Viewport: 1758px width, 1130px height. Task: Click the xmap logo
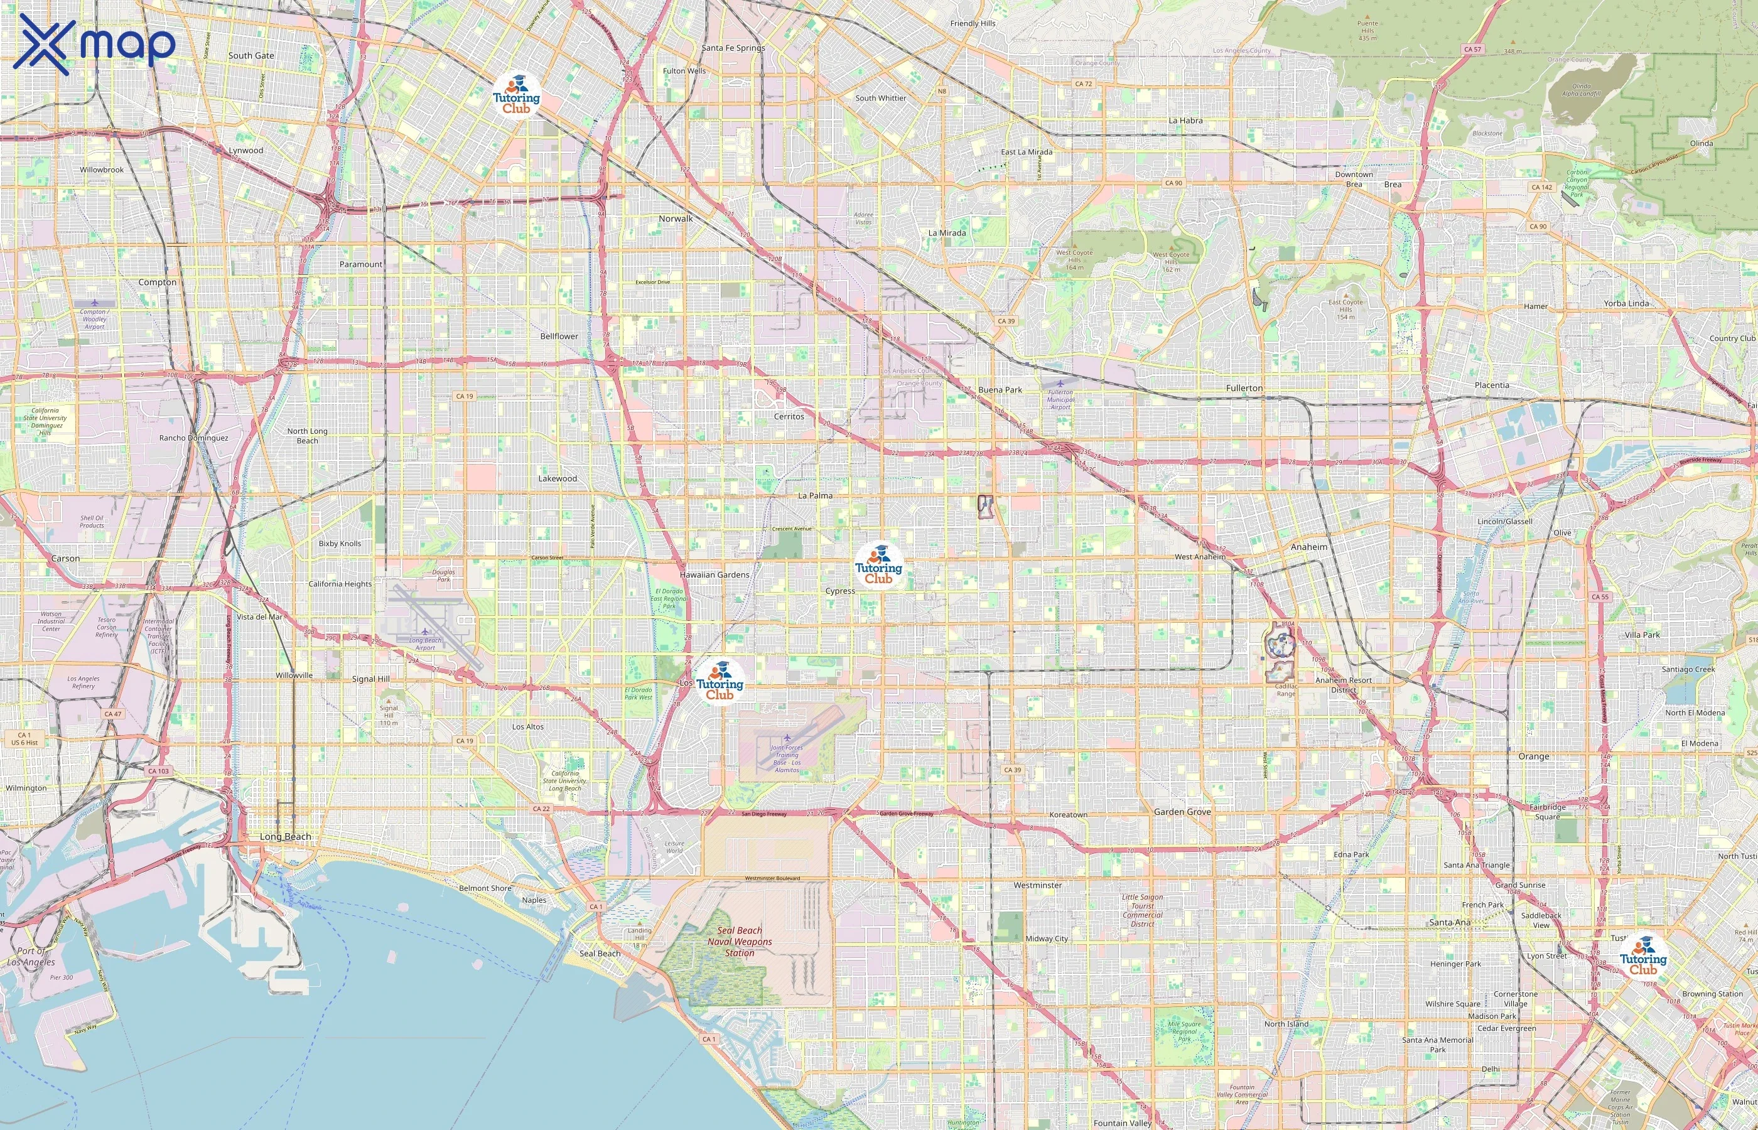(94, 44)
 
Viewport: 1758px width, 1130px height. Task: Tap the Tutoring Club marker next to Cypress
(878, 566)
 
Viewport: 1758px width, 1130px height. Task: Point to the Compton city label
(157, 282)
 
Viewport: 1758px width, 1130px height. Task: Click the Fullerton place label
(1244, 388)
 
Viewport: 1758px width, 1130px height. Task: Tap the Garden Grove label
(1182, 812)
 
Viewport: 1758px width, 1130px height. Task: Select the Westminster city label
(1037, 885)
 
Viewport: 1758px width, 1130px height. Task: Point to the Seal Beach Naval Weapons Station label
(740, 942)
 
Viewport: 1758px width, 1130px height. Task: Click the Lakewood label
(558, 478)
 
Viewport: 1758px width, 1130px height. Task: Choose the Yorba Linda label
(1626, 303)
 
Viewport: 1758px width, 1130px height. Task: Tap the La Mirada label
(947, 233)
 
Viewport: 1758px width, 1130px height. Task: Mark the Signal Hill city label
(370, 679)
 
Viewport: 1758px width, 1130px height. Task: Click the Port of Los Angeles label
(31, 956)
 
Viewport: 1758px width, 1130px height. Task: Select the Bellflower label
(559, 336)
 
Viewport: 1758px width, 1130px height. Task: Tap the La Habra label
(1185, 121)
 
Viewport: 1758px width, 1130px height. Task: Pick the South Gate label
(251, 56)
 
